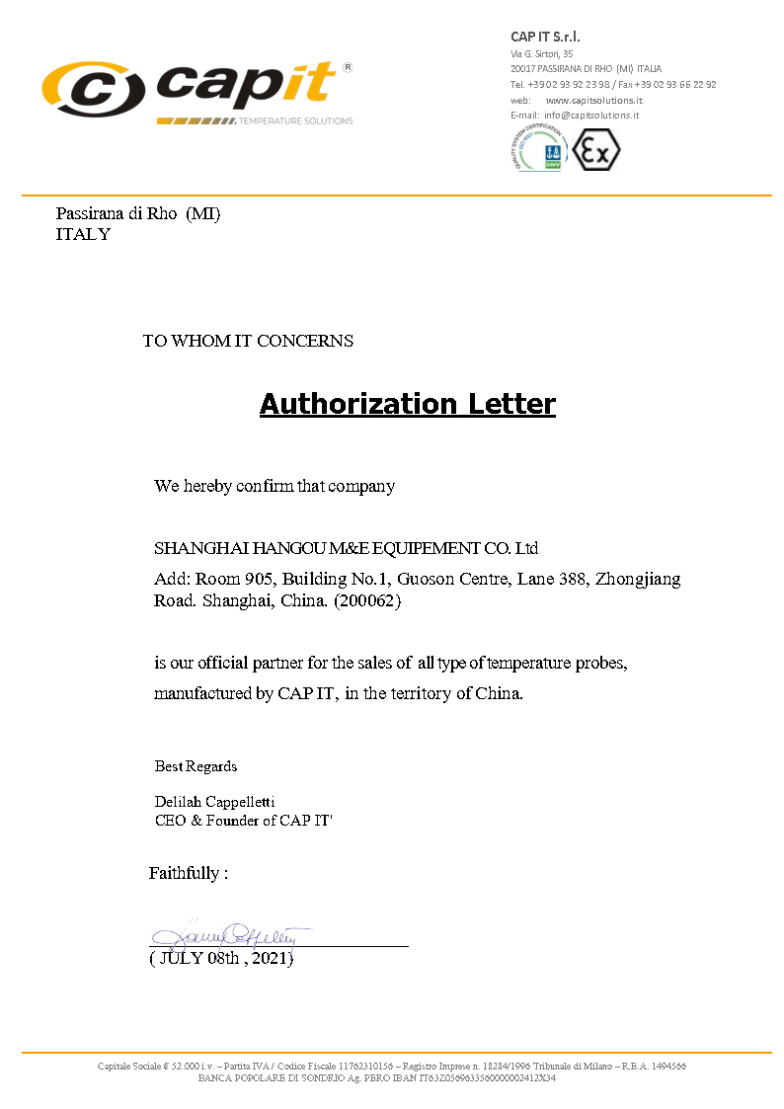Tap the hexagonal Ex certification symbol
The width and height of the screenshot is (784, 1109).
click(x=596, y=150)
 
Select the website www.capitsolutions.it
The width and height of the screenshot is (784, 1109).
click(x=594, y=100)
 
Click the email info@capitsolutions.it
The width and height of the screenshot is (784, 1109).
click(x=591, y=115)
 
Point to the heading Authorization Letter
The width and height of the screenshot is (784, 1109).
click(x=407, y=404)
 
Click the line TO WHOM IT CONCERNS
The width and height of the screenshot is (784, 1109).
click(x=248, y=341)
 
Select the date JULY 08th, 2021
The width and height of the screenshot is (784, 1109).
click(x=221, y=958)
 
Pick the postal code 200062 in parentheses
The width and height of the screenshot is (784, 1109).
click(x=367, y=599)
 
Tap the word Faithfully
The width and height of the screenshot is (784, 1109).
click(x=185, y=873)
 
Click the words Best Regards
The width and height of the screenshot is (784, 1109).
click(x=196, y=766)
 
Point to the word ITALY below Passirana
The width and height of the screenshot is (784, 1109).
click(x=83, y=234)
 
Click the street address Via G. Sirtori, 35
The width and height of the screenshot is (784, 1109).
click(x=541, y=52)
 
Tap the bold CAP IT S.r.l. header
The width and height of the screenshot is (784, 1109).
click(x=545, y=37)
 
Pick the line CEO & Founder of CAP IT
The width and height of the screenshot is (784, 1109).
click(x=244, y=820)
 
